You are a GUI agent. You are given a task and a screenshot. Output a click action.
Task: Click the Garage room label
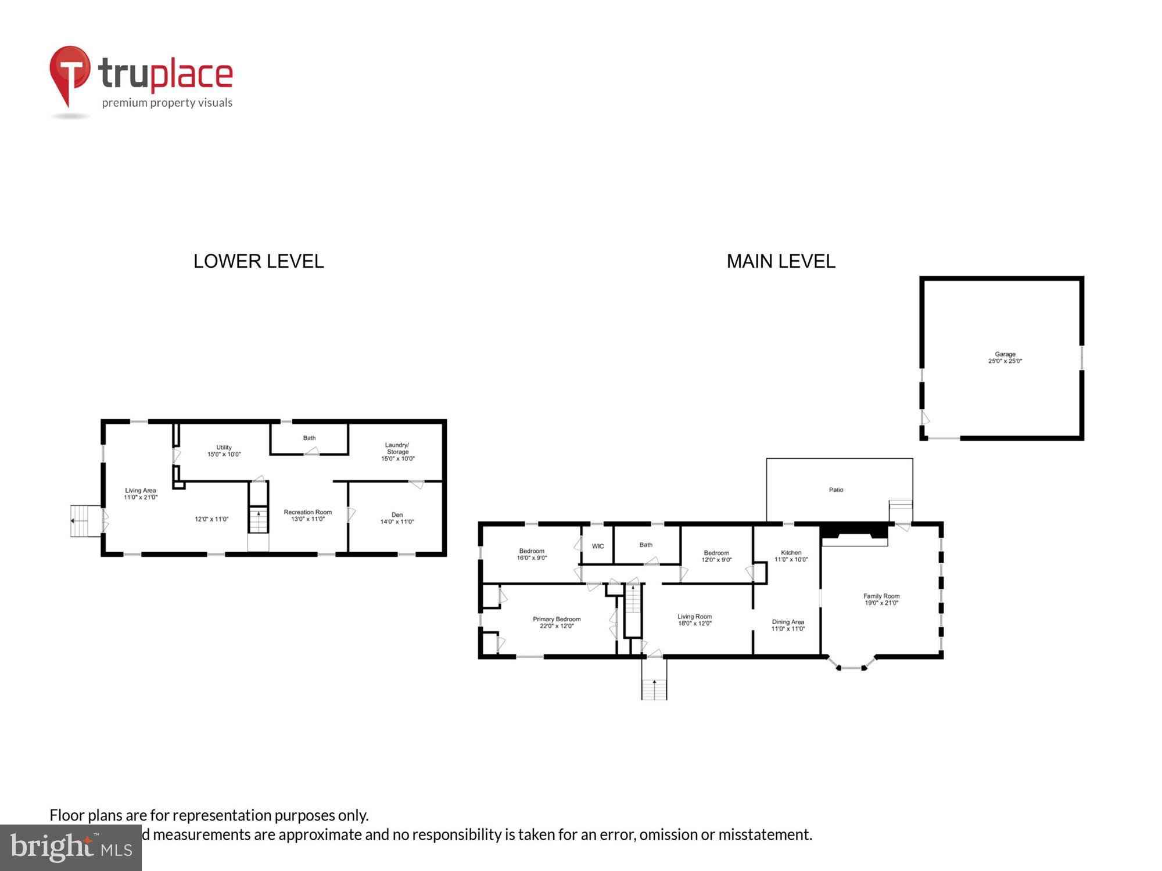[1005, 357]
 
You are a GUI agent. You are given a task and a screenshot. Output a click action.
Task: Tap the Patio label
[836, 490]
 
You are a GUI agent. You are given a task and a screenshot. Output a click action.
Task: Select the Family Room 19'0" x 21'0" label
[881, 599]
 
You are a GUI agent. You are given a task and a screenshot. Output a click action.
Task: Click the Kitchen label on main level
[791, 556]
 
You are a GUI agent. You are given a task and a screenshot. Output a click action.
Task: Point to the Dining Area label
[788, 625]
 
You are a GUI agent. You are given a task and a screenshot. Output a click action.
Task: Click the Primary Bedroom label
[557, 622]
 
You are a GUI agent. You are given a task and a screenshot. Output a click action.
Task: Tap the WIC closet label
[598, 546]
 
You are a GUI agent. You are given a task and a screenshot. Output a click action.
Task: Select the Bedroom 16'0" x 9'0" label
[532, 554]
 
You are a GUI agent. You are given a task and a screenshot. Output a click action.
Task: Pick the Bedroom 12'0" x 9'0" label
[716, 556]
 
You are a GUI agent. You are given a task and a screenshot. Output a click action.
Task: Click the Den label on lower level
[397, 518]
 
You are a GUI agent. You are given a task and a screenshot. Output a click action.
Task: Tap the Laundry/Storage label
[397, 451]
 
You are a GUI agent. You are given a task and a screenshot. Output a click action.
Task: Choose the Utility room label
[224, 451]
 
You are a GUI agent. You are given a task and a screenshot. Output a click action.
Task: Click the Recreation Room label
[307, 515]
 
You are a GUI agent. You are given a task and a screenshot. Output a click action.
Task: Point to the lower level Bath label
[309, 438]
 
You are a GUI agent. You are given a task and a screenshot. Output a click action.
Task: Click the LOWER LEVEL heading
[259, 261]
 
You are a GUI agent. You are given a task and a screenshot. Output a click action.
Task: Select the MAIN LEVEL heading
[781, 261]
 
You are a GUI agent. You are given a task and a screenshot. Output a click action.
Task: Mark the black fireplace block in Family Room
[854, 531]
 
